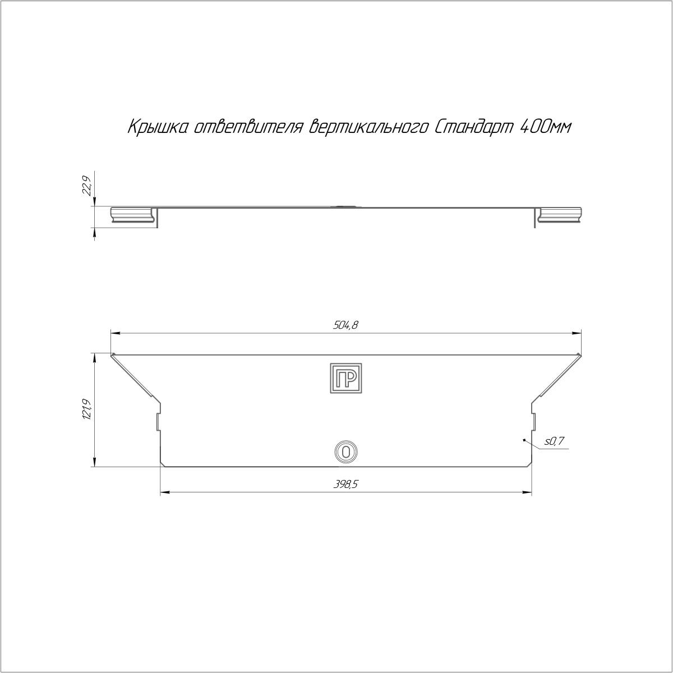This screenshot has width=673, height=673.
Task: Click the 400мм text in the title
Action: (546, 128)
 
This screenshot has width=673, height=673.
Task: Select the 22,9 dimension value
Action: (87, 186)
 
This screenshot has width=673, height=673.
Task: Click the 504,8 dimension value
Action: (346, 325)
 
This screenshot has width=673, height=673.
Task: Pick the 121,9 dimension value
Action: (87, 409)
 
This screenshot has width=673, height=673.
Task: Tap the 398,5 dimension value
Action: (346, 485)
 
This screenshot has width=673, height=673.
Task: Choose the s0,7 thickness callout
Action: (554, 441)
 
